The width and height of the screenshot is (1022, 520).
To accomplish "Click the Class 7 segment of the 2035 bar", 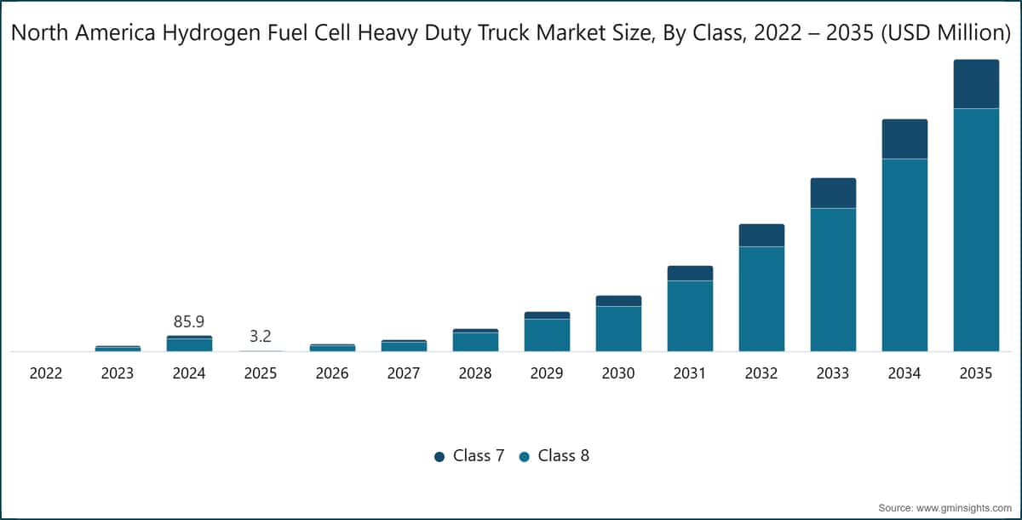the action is coord(976,84).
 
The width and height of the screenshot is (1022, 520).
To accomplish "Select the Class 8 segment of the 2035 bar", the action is coord(976,230).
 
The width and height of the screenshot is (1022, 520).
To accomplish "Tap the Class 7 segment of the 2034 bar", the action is coord(904,139).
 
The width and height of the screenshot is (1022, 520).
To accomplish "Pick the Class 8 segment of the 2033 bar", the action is coord(833,280).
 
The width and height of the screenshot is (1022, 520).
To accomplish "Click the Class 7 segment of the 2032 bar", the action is coord(761,235).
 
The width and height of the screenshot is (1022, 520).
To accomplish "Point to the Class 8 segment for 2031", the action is coord(690,316).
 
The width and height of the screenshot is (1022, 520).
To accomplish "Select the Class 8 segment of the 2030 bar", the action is coord(618,329).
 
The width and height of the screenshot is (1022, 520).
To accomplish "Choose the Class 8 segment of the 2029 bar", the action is coord(547,335).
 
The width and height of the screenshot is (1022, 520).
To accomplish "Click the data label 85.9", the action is coord(189,322).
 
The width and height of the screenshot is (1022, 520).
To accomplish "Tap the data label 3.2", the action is coord(261,337).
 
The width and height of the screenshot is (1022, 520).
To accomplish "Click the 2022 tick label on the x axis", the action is coord(46,373).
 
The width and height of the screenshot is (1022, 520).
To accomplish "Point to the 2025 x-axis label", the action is coord(261,373).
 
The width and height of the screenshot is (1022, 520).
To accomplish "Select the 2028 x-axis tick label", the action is coord(475,373).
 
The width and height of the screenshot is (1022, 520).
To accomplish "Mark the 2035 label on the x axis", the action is coord(976,373).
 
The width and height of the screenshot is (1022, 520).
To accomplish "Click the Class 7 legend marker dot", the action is coord(439,457).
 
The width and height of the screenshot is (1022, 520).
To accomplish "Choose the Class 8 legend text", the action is coord(564,455).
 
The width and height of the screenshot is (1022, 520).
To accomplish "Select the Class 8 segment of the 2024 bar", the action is coord(189,344).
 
